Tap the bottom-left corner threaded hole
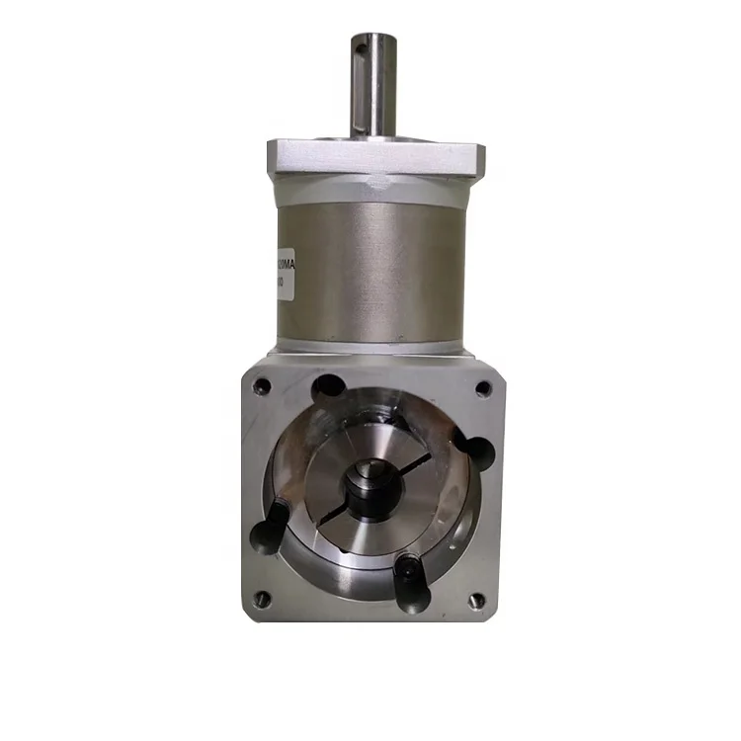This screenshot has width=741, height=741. pyautogui.click(x=261, y=597)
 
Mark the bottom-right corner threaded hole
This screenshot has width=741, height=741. pyautogui.click(x=475, y=599)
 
